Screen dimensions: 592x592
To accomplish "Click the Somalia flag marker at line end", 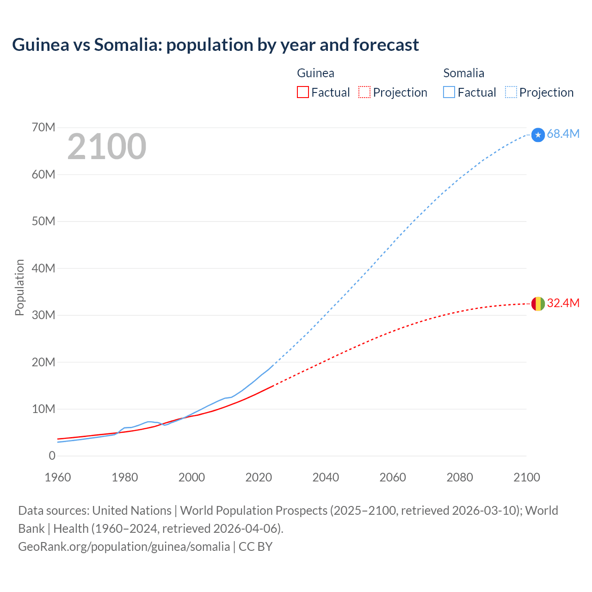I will point(538,135).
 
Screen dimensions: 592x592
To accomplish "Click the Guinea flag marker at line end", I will point(538,304).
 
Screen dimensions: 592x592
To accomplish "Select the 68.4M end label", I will point(563,134).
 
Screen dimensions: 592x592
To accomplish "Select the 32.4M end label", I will point(563,303).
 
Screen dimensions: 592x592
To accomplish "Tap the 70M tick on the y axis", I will point(43,127).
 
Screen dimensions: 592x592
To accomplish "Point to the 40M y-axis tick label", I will point(43,268).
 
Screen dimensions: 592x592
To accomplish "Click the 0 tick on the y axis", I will point(52,456).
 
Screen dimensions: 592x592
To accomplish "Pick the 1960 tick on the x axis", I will point(58,477).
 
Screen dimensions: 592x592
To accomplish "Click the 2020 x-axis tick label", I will point(259,477).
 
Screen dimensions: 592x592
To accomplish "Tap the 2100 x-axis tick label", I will point(526,477).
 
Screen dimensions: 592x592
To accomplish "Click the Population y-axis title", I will point(19,287).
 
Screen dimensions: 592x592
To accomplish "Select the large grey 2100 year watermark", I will point(107,147).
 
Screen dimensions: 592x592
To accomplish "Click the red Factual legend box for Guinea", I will point(303,92).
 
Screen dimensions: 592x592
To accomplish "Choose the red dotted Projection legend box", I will point(364,92).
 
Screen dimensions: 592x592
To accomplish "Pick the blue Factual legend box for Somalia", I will point(449,92).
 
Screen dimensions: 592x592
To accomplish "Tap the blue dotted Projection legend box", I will point(511,92).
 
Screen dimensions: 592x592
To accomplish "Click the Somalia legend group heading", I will point(463,73).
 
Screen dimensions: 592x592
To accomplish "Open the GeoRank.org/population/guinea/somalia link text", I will point(124,546).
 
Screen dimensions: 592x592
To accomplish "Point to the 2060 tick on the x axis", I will point(393,477).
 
